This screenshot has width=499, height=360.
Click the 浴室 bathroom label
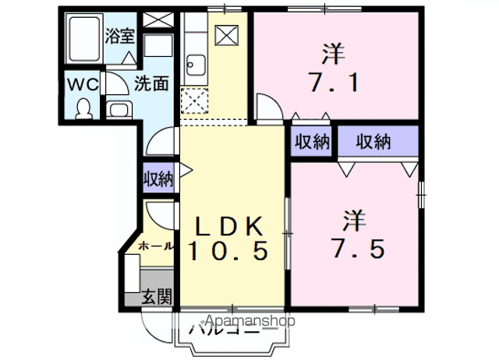point(120,36)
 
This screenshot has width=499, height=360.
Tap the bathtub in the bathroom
point(84,39)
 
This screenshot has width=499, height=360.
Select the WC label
point(83,85)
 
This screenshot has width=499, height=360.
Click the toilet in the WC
point(83,109)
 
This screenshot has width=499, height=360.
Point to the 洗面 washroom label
point(150,84)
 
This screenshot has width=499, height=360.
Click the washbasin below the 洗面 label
point(119,110)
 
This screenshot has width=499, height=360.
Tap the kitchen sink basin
point(196,65)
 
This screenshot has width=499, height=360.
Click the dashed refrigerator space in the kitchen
point(194,101)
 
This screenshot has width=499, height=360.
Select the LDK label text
point(229,226)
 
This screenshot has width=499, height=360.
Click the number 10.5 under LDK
point(228,251)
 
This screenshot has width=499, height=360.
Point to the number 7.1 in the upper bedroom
point(334,83)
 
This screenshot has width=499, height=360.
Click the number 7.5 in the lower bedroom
point(358,248)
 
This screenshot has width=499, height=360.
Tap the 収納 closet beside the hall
point(158,178)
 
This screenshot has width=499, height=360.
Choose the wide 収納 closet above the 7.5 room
point(377,142)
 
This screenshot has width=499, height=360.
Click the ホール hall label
point(156,245)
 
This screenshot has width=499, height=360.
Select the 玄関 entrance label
point(157,297)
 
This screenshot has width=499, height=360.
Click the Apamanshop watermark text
point(250,320)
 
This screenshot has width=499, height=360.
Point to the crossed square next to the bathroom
point(158,19)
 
